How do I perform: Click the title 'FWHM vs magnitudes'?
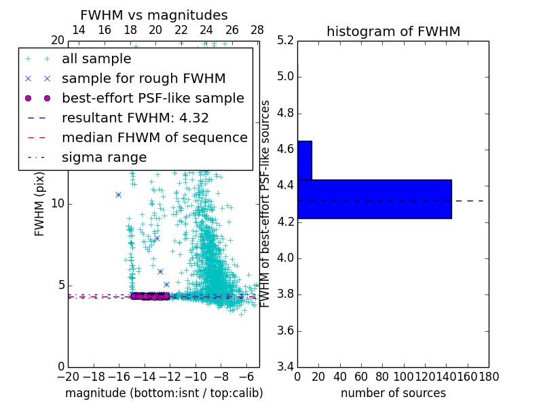coord(154,15)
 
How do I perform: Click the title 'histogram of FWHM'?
coord(393,31)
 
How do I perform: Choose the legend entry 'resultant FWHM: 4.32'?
coord(135,118)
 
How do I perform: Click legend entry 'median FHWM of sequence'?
coord(154,137)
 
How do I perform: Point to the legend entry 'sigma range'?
coord(104,157)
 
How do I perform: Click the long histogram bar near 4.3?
coord(374,199)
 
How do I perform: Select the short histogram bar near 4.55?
coord(304,160)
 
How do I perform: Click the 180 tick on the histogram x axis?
coord(488,376)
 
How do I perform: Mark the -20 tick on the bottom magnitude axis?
coord(68,376)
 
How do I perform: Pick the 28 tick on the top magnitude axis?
coord(257,30)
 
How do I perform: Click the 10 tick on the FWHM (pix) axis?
coord(58,203)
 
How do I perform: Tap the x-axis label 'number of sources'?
coord(393,393)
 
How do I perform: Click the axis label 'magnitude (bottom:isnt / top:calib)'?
coord(164,393)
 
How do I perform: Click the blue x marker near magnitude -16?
coord(118,194)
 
